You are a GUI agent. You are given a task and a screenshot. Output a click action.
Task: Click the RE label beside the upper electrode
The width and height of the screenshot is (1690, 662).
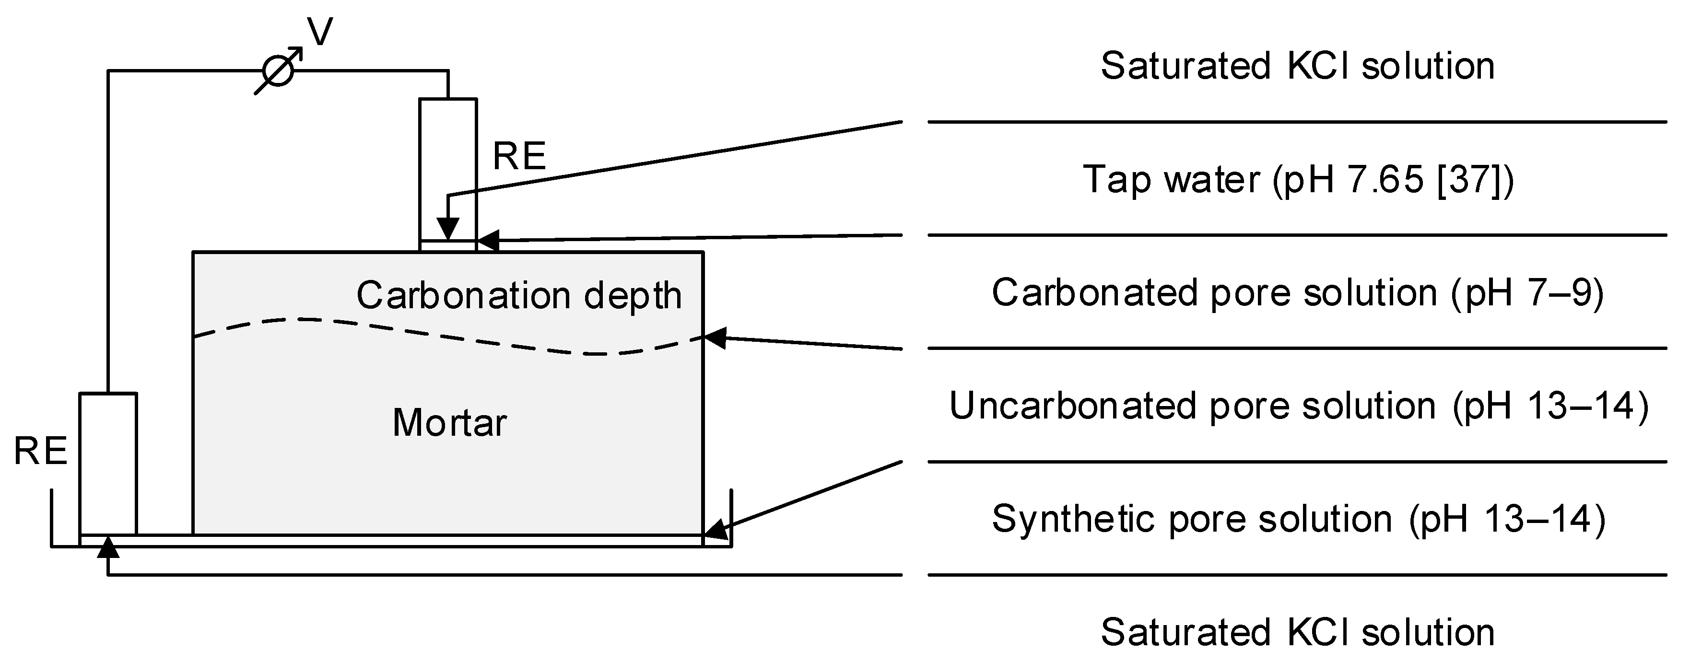point(519,156)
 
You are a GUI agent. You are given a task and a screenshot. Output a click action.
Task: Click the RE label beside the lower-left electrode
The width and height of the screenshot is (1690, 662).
point(41,452)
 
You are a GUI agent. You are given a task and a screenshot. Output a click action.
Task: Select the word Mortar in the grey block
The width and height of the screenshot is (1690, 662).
point(449,422)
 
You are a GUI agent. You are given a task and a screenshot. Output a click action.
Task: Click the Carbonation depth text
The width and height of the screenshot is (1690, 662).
point(519,295)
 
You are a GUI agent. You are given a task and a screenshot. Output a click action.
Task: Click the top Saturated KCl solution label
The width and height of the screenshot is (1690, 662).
point(1297,66)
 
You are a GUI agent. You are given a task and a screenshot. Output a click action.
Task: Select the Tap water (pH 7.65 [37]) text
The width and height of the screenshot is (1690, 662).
point(1297,179)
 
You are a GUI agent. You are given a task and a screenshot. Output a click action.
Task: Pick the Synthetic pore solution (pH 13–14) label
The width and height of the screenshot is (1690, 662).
point(1298,519)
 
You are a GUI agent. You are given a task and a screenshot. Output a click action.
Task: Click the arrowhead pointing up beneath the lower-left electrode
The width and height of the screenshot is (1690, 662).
point(108,547)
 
